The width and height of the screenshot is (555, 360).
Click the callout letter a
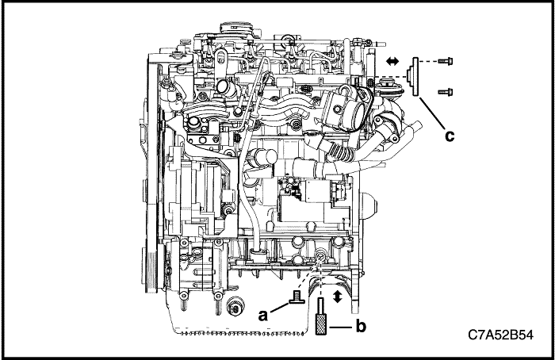pos(265,314)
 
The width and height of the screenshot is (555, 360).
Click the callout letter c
pos(450,136)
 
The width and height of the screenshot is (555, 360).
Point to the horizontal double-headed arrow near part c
pos(390,60)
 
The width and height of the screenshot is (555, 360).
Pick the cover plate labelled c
pos(415,77)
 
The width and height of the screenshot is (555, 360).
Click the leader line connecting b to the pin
pos(341,325)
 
